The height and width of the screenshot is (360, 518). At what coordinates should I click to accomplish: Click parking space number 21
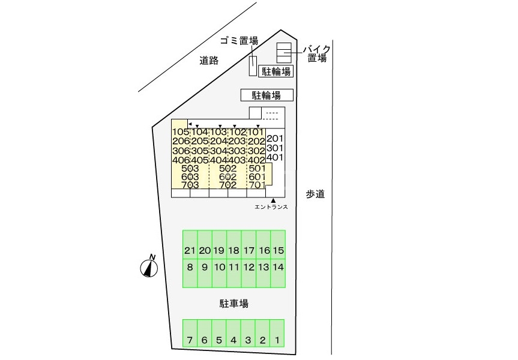(190, 250)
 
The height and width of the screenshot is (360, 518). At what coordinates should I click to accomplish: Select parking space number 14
(277, 267)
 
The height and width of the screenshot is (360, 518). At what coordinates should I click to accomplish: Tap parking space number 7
(190, 341)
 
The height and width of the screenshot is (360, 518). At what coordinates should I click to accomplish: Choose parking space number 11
(233, 267)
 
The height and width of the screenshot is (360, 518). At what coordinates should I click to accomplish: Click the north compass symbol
(148, 268)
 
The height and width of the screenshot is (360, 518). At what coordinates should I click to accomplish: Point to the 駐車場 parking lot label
(233, 304)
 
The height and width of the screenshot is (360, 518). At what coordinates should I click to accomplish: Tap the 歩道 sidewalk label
(315, 194)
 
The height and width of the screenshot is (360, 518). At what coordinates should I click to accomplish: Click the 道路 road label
(209, 60)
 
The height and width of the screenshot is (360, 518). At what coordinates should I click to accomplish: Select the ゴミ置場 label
(239, 41)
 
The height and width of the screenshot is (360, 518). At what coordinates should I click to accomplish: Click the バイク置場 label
(316, 53)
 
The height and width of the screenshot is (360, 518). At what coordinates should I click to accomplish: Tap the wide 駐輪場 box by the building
(267, 95)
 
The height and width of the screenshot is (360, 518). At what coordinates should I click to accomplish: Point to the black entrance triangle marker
(273, 200)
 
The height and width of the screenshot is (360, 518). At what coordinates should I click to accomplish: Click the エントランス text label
(271, 208)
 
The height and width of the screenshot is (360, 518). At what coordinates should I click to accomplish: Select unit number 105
(181, 132)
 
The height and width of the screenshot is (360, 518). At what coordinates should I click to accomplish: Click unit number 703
(190, 185)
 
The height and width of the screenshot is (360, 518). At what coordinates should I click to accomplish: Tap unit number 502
(227, 169)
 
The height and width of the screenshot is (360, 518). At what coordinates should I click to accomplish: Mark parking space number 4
(233, 341)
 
